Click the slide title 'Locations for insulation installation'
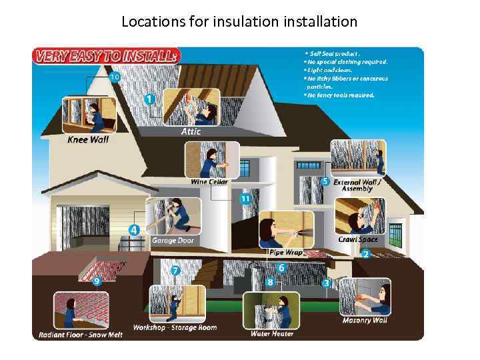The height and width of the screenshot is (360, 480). click(x=239, y=21)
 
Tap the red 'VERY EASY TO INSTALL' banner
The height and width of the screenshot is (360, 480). click(x=106, y=57)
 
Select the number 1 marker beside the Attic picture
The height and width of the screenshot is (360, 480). click(x=150, y=99)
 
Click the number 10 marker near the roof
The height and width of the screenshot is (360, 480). click(x=115, y=77)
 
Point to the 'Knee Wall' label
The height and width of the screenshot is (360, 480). click(x=88, y=140)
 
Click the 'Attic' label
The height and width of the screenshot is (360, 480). click(x=191, y=132)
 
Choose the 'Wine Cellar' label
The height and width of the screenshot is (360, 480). click(x=209, y=182)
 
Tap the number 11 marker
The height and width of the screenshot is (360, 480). click(x=245, y=199)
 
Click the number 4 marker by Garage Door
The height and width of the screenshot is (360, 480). click(x=134, y=230)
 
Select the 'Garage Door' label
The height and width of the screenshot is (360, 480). click(x=173, y=240)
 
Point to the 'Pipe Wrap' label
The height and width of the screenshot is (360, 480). click(x=286, y=253)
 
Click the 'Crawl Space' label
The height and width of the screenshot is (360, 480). click(x=357, y=239)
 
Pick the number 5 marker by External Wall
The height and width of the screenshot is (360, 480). click(x=325, y=181)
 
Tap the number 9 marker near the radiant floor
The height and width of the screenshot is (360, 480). click(x=97, y=281)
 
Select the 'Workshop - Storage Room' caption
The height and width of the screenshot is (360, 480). click(x=175, y=328)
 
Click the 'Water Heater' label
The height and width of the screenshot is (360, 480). click(x=271, y=333)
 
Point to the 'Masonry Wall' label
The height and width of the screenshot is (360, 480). click(x=365, y=321)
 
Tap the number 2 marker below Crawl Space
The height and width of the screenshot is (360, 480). click(x=365, y=254)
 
